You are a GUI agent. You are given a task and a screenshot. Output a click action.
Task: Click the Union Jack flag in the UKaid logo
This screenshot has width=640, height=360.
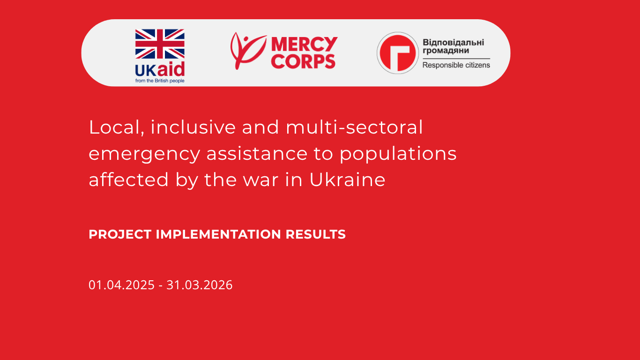tap(160, 44)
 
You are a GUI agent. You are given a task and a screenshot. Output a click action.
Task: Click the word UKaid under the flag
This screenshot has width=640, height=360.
tap(160, 70)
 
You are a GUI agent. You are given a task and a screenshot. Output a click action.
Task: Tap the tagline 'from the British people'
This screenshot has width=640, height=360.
tap(160, 81)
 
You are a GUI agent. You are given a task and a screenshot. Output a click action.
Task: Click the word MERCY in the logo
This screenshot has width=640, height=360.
tap(304, 45)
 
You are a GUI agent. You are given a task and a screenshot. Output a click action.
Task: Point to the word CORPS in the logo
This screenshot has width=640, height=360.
tap(304, 61)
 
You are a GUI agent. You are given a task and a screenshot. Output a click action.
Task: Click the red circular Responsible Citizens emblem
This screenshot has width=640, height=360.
tap(398, 53)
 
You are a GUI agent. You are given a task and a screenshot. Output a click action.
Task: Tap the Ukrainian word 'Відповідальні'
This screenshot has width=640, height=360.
tap(453, 42)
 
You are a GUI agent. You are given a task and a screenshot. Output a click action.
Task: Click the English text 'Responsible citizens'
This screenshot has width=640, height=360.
tap(456, 65)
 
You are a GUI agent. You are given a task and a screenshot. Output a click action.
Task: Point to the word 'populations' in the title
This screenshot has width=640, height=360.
tap(398, 154)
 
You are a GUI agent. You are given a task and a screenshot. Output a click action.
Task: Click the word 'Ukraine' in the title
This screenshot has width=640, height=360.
tap(347, 180)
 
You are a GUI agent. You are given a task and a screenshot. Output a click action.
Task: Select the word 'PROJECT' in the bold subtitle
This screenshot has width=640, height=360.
tap(120, 234)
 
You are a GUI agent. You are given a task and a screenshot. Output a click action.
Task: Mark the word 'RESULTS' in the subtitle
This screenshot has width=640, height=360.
tap(315, 234)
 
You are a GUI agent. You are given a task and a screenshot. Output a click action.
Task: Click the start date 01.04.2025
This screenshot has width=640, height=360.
tap(121, 285)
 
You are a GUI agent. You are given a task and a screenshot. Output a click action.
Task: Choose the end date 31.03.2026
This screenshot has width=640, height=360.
tap(200, 285)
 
